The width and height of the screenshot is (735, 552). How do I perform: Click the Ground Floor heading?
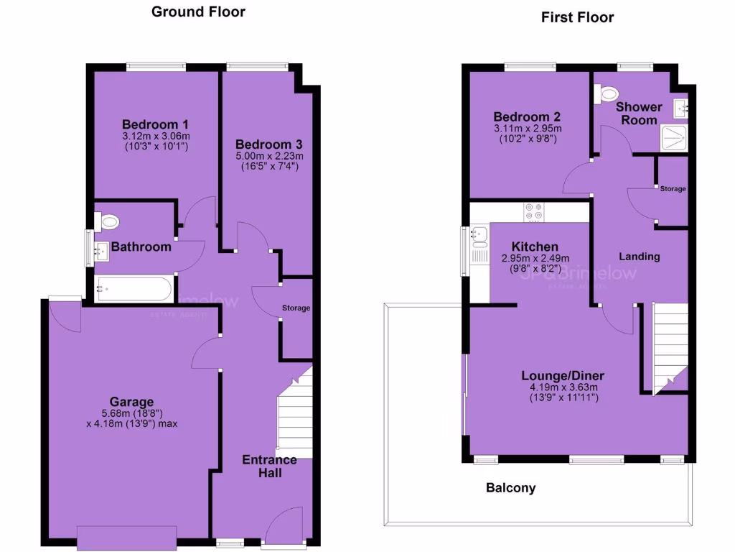[198, 11]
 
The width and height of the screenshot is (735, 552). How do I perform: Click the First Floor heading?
[577, 17]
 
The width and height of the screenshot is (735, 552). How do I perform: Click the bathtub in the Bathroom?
[133, 290]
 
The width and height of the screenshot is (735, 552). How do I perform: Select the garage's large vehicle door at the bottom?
[126, 538]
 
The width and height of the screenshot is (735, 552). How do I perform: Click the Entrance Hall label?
[269, 466]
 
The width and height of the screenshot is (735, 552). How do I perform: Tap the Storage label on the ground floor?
[296, 308]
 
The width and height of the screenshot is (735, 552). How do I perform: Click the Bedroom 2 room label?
[527, 116]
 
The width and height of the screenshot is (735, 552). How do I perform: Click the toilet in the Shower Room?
[609, 93]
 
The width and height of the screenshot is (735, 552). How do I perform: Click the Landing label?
[639, 257]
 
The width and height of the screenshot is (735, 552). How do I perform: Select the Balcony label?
[510, 488]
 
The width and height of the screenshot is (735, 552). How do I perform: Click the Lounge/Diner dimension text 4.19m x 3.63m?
[563, 387]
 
